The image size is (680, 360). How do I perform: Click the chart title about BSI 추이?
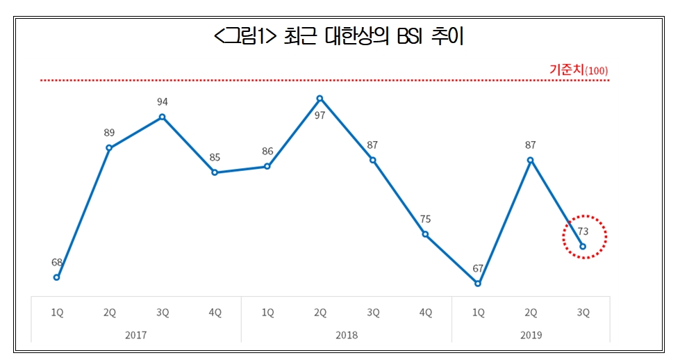(340, 37)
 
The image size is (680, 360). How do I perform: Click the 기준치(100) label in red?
(579, 70)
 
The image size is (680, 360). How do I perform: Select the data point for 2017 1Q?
(57, 277)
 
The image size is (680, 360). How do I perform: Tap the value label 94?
(162, 101)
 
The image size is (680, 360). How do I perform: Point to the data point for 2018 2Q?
(320, 98)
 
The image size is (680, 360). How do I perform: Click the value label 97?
(320, 115)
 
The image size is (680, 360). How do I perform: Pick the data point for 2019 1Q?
(478, 284)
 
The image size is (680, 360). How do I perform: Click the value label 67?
(478, 268)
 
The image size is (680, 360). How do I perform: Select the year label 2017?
(136, 334)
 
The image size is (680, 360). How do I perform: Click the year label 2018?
(346, 334)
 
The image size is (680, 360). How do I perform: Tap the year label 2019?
(531, 334)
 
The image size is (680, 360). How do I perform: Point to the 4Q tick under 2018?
(425, 313)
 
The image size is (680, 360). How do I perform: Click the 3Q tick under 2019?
(583, 313)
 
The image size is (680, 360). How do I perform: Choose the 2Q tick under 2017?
(110, 313)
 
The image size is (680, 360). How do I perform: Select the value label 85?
(215, 157)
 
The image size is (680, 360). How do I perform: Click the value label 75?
(425, 219)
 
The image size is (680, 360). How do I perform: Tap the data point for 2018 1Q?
(267, 166)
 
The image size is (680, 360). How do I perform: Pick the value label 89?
(109, 132)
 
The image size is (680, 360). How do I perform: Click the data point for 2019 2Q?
(530, 160)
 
